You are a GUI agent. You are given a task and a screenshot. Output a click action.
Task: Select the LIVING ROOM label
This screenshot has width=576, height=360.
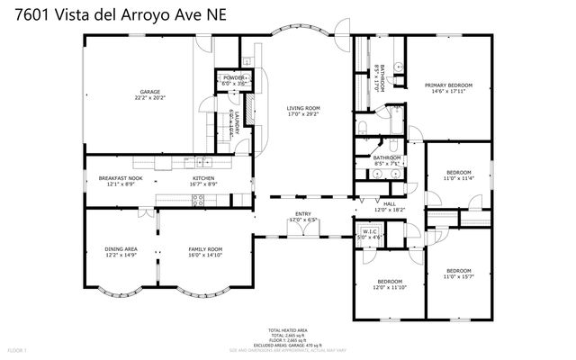[303, 109]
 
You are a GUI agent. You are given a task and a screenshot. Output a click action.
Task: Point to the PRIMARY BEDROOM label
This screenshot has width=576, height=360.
[448, 85]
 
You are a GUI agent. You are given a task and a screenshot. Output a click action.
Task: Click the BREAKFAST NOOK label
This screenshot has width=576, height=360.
[118, 178]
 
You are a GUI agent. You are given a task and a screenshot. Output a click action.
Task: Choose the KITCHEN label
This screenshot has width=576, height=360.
[203, 178]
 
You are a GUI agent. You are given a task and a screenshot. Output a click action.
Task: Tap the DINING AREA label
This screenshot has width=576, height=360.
[121, 249]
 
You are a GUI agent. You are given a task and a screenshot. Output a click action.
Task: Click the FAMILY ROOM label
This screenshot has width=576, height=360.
[205, 249]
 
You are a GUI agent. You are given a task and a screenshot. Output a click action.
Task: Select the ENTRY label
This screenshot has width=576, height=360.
[302, 214]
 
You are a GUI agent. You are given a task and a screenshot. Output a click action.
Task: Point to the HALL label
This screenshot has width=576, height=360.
[389, 203]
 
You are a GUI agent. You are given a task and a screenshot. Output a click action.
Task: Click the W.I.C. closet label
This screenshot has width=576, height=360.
[370, 231]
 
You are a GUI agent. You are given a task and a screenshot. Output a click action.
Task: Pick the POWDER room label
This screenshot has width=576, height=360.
[233, 78]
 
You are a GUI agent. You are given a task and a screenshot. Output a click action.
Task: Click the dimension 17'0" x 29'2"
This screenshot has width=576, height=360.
[303, 115]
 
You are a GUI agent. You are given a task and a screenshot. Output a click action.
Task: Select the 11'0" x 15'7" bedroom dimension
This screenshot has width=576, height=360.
[459, 277]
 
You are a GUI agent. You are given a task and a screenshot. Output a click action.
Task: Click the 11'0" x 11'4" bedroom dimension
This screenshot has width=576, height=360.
[459, 178]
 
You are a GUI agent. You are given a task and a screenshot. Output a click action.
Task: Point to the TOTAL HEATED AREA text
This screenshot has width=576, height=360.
[287, 330]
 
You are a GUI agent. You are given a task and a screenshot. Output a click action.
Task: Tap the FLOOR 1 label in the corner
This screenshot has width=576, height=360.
[17, 349]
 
